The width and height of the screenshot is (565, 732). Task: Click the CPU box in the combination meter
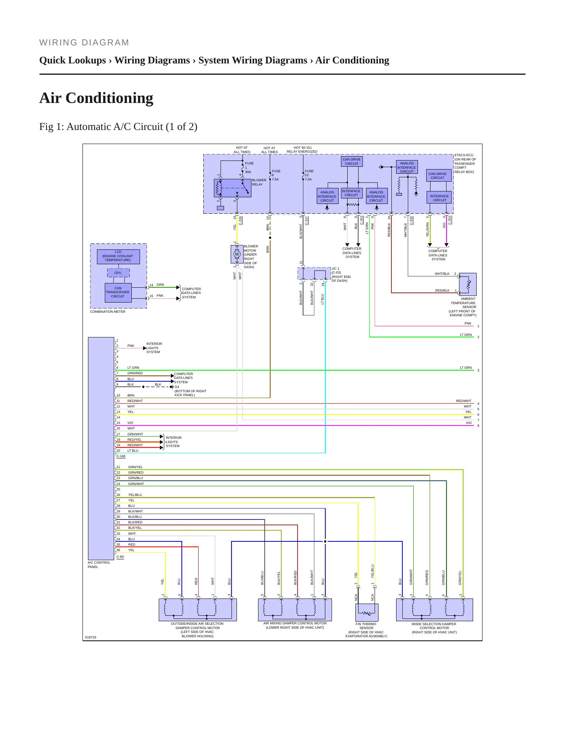coord(118,272)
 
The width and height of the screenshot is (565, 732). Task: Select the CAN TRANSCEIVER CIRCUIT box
coord(118,292)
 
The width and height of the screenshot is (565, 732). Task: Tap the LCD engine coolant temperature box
coord(118,256)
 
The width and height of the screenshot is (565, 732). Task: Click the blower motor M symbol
coord(237,254)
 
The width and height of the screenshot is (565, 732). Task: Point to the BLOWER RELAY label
coord(259,182)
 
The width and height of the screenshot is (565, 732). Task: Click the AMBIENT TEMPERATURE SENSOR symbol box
coord(468,284)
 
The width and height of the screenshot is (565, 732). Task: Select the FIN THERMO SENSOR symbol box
coord(367,613)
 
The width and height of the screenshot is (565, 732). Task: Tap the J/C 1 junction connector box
coord(314,273)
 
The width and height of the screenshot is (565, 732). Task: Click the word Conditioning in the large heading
coord(109,98)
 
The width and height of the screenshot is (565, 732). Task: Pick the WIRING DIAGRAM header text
coord(84,43)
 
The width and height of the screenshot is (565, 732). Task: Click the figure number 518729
coord(90,637)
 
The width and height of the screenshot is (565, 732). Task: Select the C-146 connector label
coord(121,456)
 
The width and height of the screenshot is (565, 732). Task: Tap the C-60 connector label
coord(120,557)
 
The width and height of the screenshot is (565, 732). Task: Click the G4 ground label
coord(177,387)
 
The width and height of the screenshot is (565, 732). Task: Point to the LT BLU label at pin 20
coord(133,451)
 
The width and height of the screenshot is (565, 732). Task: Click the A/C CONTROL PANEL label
coord(99,564)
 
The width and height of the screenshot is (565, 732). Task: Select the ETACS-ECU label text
coord(464,155)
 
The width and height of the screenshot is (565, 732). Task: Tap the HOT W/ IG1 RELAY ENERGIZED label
coord(302,150)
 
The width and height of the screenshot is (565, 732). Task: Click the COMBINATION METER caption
coord(108,312)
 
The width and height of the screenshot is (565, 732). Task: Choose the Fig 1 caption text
coord(118,127)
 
